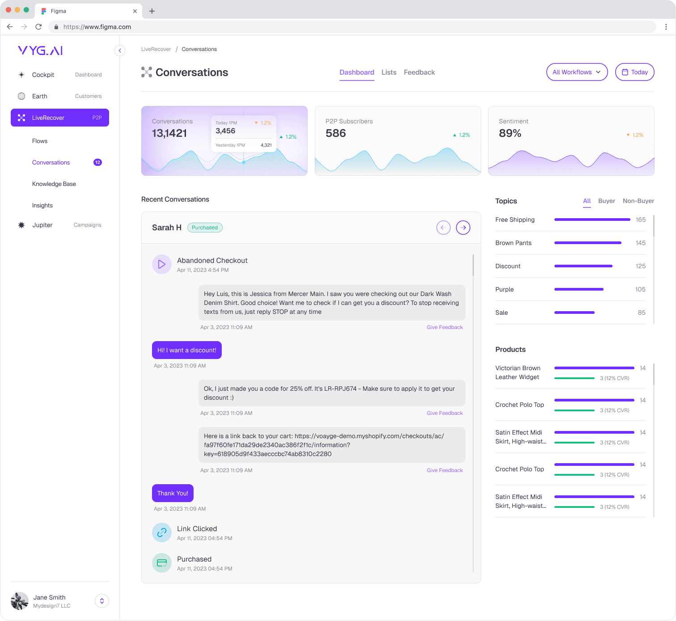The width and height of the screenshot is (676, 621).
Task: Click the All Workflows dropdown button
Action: (x=577, y=72)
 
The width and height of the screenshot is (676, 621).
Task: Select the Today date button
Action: (x=634, y=72)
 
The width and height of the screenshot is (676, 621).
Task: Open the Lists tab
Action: (x=389, y=72)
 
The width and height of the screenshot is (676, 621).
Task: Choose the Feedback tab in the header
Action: (x=419, y=72)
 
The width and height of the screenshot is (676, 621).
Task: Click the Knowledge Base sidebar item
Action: (x=54, y=184)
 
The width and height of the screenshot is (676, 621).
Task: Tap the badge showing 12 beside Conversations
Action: (x=97, y=162)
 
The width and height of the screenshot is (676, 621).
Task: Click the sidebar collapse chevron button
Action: (x=120, y=51)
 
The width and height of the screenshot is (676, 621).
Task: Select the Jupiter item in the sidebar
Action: (x=42, y=225)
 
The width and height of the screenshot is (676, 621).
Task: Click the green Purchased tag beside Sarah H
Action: (x=205, y=228)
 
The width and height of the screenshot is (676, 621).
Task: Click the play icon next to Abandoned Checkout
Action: (x=162, y=264)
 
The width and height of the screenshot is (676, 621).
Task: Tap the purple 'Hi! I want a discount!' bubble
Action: (x=186, y=350)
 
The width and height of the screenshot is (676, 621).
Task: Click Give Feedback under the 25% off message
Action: (x=444, y=413)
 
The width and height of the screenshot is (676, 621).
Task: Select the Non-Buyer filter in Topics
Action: (x=638, y=201)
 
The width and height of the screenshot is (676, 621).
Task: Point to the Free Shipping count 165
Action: (x=640, y=220)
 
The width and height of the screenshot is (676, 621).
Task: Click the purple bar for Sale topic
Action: (x=574, y=313)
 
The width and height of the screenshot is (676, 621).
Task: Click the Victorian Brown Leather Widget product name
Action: (x=518, y=372)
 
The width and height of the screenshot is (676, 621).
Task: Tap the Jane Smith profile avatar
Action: (x=20, y=601)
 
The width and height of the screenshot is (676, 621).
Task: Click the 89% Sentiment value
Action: (x=510, y=133)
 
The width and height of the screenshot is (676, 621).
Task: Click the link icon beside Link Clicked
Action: (x=162, y=532)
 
